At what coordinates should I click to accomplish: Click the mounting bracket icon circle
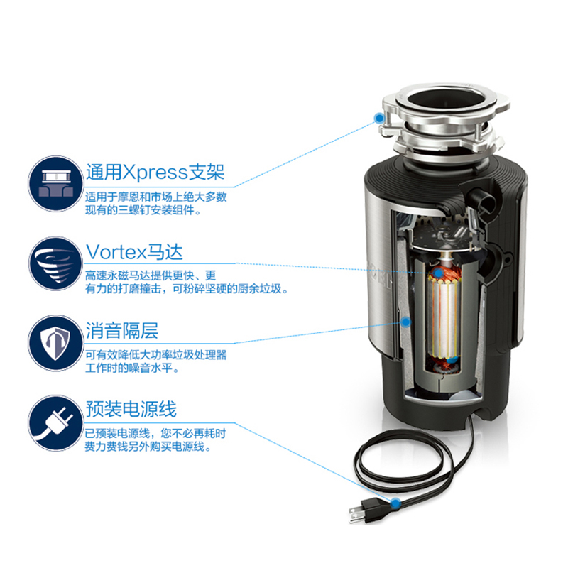point(56,184)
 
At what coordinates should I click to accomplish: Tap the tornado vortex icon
point(56,263)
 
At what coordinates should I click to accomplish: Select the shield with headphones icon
point(56,343)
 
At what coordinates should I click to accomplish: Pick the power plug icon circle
point(56,422)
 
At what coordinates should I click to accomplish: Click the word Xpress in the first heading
point(155,173)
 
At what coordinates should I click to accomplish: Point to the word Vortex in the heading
point(116,252)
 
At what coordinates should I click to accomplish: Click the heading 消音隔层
point(122,330)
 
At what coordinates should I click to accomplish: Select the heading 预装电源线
point(131,409)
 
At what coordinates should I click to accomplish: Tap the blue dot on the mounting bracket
point(379,118)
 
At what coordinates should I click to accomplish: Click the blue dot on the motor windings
point(438,273)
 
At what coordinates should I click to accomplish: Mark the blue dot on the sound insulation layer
point(406,322)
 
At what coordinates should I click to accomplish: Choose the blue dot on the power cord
point(395,503)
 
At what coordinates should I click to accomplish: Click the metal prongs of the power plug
point(357,514)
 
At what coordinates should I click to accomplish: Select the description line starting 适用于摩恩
point(156,197)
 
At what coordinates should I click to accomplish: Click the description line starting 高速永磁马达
point(151,275)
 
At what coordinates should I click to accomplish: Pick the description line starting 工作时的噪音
point(132,368)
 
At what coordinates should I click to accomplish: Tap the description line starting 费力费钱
point(148,447)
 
